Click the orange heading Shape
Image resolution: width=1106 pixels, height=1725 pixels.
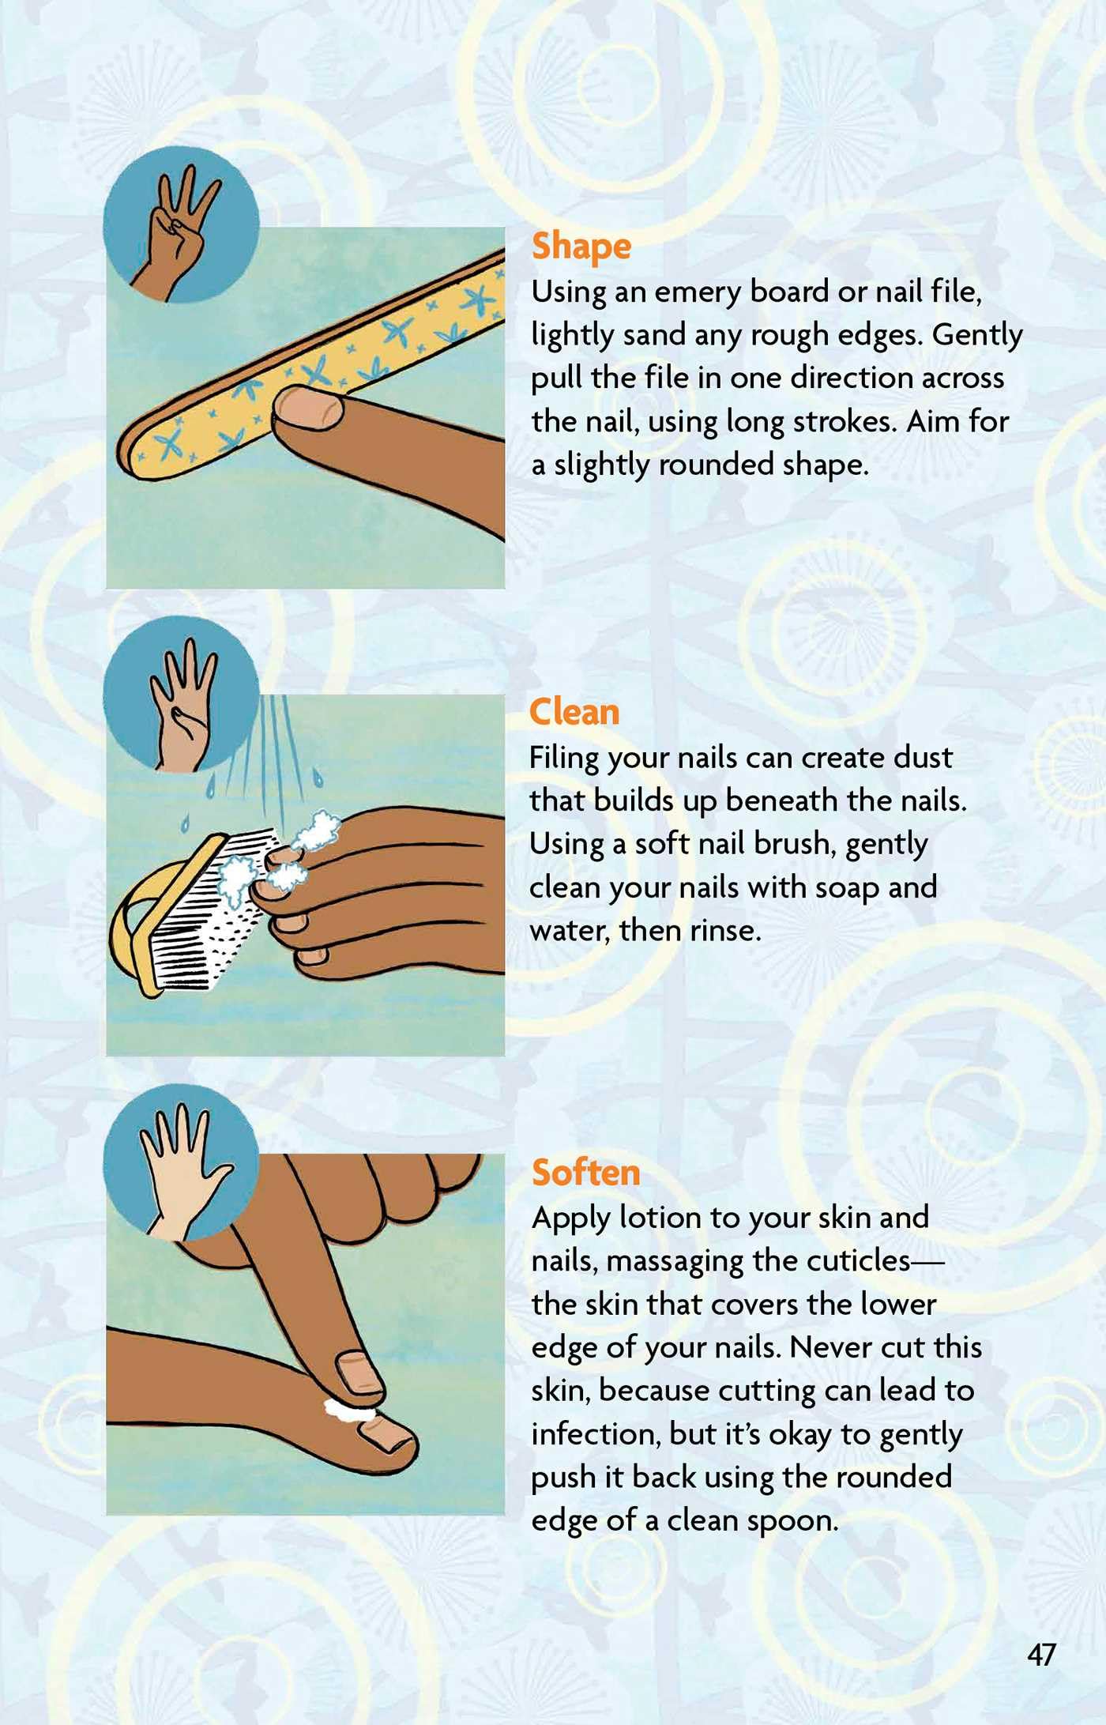coord(581,247)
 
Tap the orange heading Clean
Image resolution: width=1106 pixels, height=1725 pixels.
coord(574,712)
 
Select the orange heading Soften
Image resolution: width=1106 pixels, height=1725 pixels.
coord(585,1172)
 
